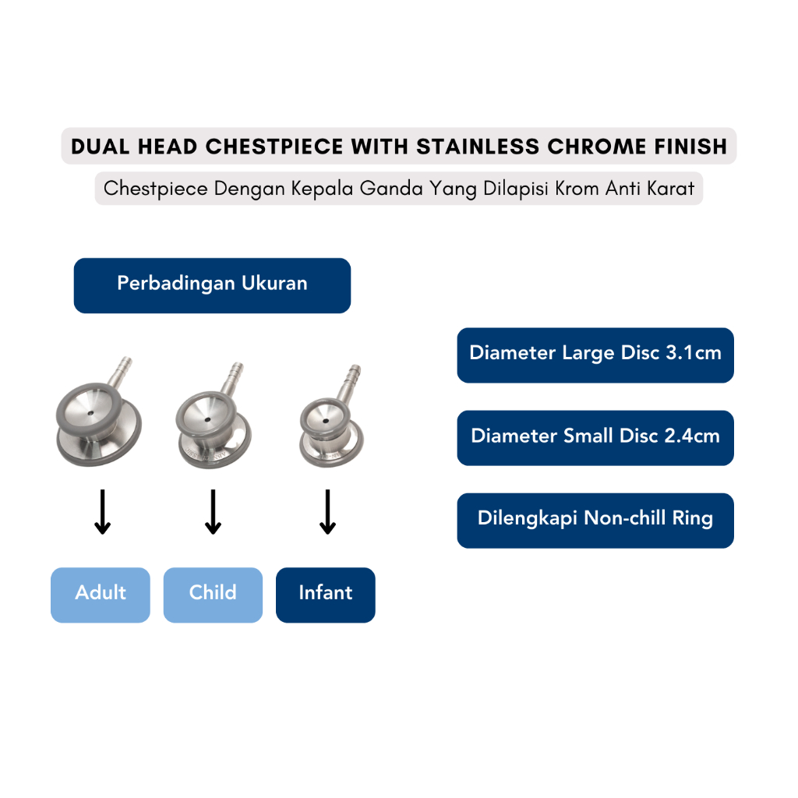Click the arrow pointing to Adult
point(101,512)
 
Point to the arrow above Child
point(213,512)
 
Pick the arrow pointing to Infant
point(327,512)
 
